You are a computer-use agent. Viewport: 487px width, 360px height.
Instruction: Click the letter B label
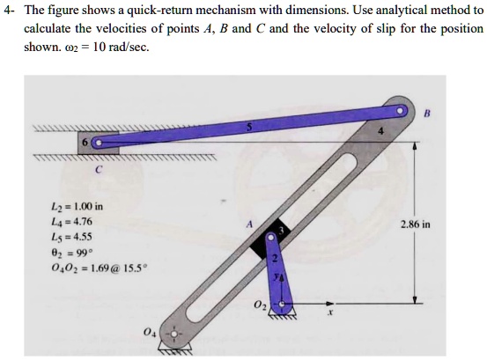coord(428,113)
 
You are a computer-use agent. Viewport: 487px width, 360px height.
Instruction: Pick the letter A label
coord(249,224)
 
